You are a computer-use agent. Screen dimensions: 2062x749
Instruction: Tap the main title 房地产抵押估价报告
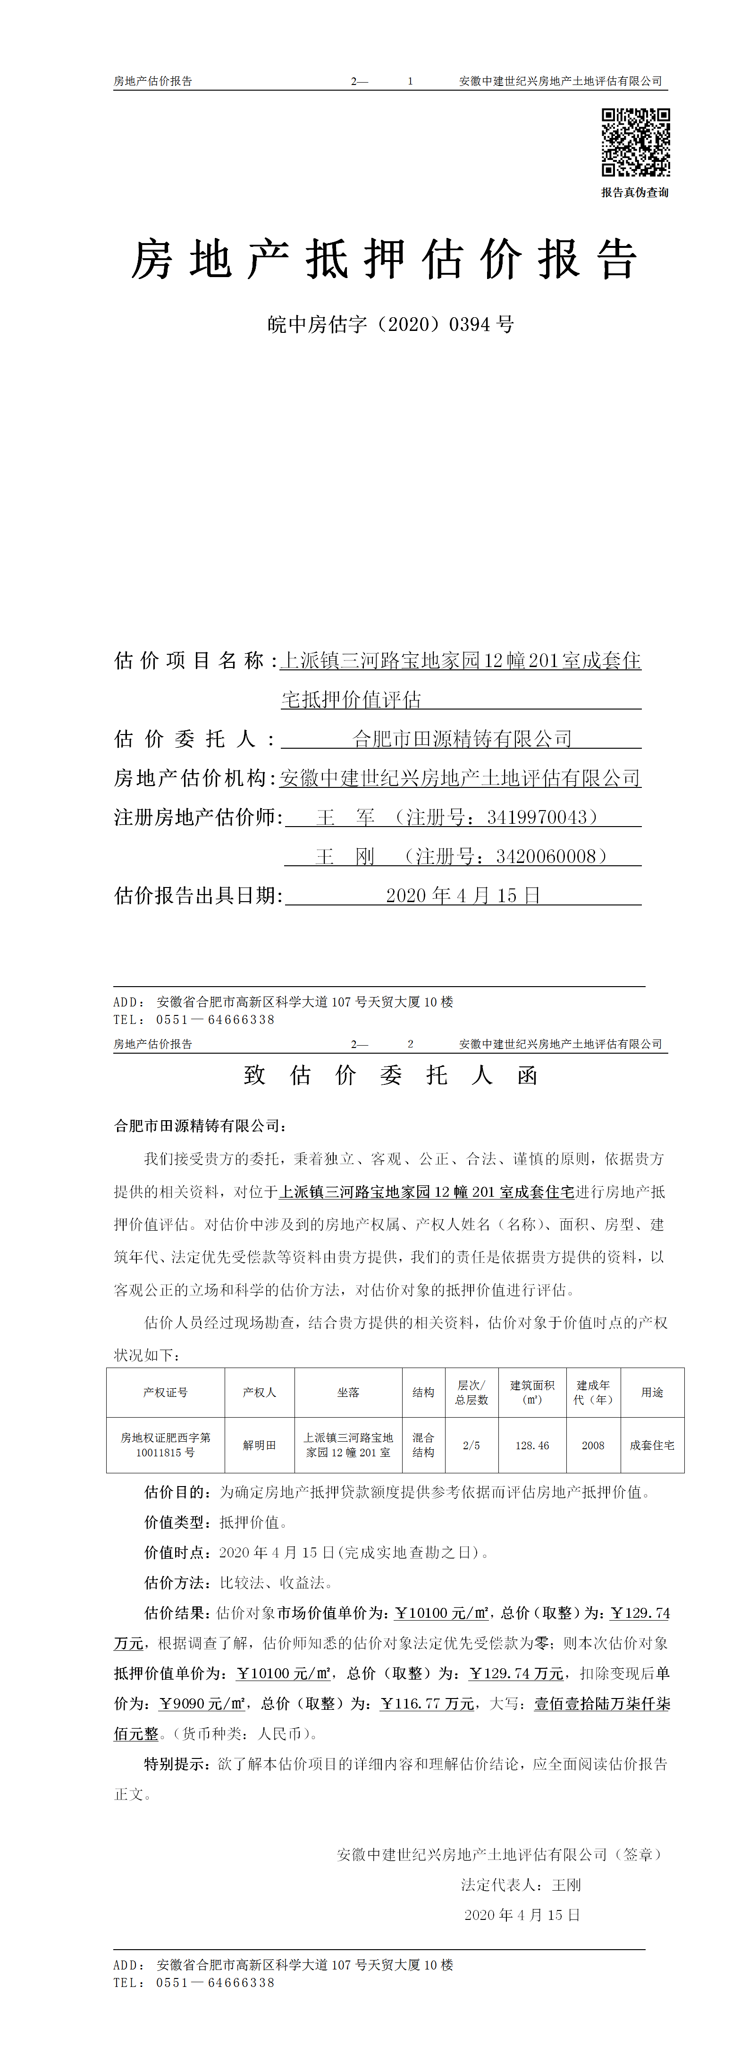pos(384,260)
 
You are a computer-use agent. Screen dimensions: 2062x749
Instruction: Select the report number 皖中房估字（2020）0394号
pos(390,324)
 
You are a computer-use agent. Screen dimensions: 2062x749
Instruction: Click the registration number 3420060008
pos(546,856)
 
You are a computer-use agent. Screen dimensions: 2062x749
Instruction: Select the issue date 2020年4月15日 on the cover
pos(463,895)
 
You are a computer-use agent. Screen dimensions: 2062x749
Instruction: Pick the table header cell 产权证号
pos(166,1392)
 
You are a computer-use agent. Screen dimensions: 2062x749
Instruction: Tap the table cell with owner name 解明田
pos(259,1445)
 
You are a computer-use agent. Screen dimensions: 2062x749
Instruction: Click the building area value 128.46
pos(532,1445)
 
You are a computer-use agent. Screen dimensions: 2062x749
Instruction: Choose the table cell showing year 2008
pos(593,1445)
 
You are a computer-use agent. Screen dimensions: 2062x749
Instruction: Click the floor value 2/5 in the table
pos(471,1445)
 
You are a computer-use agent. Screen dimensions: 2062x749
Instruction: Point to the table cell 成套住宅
pos(652,1445)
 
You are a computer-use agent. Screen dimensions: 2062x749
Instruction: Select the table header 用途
pos(652,1392)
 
